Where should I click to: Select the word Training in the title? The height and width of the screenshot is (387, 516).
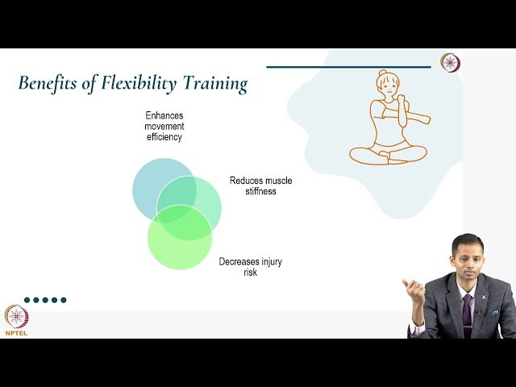(x=216, y=83)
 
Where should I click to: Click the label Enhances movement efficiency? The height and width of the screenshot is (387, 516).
(x=164, y=127)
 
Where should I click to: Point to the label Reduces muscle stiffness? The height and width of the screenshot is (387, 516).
(x=260, y=186)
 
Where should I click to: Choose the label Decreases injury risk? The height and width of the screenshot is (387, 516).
(x=250, y=267)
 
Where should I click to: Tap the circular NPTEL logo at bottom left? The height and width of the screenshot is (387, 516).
(x=16, y=315)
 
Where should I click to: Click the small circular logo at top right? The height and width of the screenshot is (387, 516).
(x=450, y=62)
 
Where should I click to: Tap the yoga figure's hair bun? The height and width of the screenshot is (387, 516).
(x=382, y=74)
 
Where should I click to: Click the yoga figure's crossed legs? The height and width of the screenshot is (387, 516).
(x=388, y=153)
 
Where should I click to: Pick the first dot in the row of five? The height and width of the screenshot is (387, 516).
(x=27, y=300)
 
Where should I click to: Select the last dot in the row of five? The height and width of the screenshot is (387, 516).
(x=64, y=300)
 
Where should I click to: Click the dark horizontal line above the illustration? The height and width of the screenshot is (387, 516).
(x=348, y=67)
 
